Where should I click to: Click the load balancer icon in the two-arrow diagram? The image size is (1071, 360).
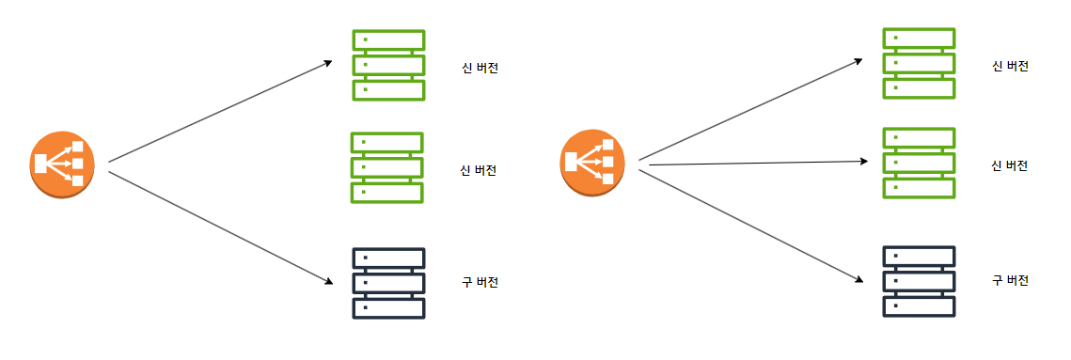tap(62, 164)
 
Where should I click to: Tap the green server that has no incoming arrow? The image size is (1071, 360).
tap(387, 167)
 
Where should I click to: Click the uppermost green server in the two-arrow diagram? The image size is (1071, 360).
tap(388, 65)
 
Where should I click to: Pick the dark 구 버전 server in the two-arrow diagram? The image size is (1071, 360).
tap(388, 283)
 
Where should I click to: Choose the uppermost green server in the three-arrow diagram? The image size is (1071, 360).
tap(919, 63)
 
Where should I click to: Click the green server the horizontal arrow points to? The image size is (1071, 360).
tap(919, 164)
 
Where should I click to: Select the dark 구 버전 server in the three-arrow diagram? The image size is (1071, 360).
tap(919, 281)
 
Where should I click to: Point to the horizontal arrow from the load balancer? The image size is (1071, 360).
tap(758, 164)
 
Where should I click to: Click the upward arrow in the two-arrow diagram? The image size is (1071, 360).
tap(221, 111)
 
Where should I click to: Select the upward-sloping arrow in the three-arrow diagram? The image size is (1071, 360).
tap(750, 109)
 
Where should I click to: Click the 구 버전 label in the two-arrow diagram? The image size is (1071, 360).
tap(480, 282)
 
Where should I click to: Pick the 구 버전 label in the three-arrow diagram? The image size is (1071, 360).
tap(1010, 280)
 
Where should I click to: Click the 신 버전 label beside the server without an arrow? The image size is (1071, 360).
tap(478, 170)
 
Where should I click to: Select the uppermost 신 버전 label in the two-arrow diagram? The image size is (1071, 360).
tap(480, 69)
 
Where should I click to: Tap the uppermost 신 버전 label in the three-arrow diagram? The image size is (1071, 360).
tap(1010, 66)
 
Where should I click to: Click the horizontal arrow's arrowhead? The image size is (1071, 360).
tap(865, 162)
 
